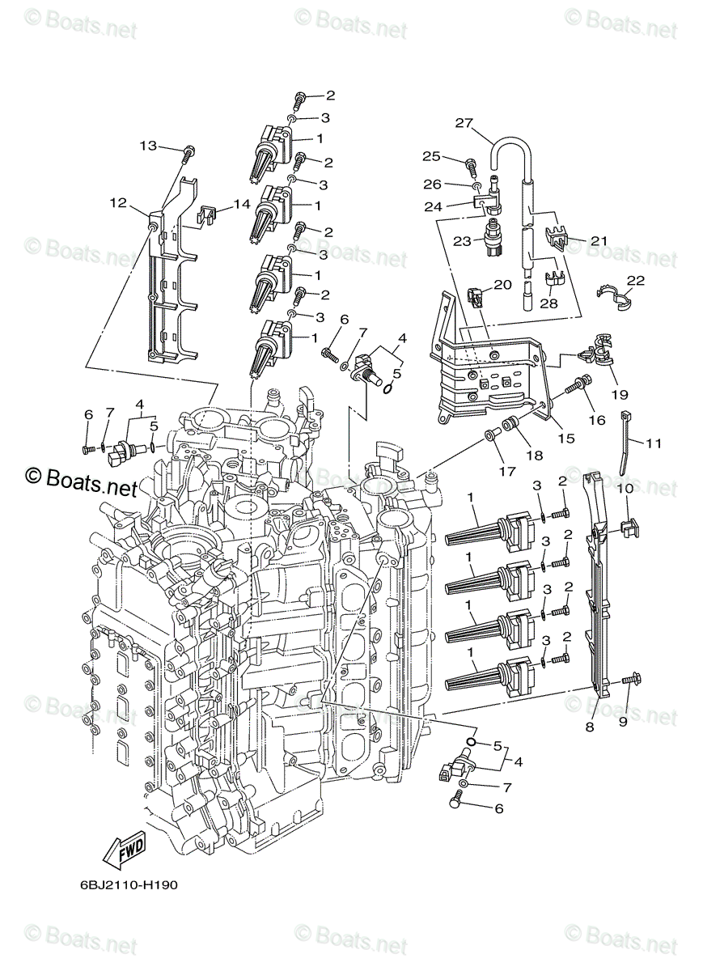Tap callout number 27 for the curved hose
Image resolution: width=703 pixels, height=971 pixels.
pos(464,124)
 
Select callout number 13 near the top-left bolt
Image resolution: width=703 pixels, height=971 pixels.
pos(148,146)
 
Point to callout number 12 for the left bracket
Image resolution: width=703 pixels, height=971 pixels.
pos(119,203)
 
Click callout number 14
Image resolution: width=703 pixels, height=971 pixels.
pos(242,205)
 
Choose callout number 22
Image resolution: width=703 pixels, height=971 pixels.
pos(636,280)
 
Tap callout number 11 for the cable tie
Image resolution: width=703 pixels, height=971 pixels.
pos(654,443)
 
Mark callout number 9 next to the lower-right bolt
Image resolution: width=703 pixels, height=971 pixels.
pos(623,721)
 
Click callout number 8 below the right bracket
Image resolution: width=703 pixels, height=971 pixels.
pos(589,727)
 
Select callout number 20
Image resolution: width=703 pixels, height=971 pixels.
pos(503,285)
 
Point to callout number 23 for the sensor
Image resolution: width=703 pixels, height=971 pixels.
pos(462,241)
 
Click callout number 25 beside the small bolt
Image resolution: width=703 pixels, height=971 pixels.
pos(453,156)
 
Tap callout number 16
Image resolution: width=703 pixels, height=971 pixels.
pos(596,420)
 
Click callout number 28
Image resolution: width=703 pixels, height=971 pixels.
pos(549,303)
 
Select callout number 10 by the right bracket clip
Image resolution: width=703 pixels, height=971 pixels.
pos(625,490)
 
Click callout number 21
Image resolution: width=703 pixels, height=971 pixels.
pos(598,240)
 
